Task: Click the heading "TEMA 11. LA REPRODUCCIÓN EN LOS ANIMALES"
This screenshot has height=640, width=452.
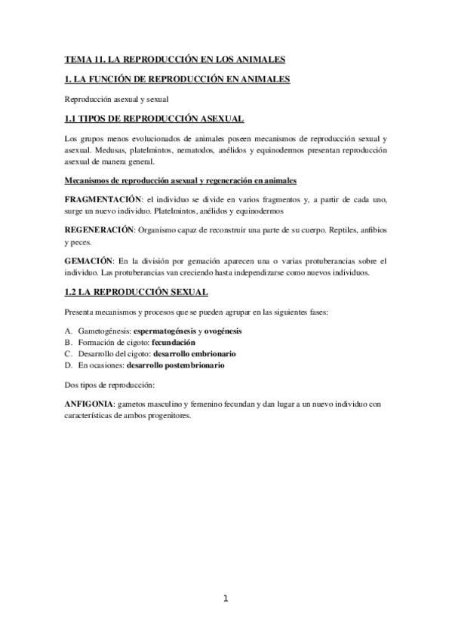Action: pyautogui.click(x=174, y=59)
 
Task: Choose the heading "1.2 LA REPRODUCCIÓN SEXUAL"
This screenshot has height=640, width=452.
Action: pyautogui.click(x=136, y=291)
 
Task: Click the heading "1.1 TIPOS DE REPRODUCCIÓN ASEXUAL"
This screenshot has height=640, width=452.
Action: pyautogui.click(x=153, y=118)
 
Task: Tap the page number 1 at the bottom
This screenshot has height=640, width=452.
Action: pyautogui.click(x=226, y=599)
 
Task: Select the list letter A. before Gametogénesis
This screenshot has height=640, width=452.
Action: pyautogui.click(x=69, y=331)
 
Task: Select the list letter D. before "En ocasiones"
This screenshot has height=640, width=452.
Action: pyautogui.click(x=69, y=365)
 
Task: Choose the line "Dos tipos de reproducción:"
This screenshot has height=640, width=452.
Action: pyautogui.click(x=109, y=385)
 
